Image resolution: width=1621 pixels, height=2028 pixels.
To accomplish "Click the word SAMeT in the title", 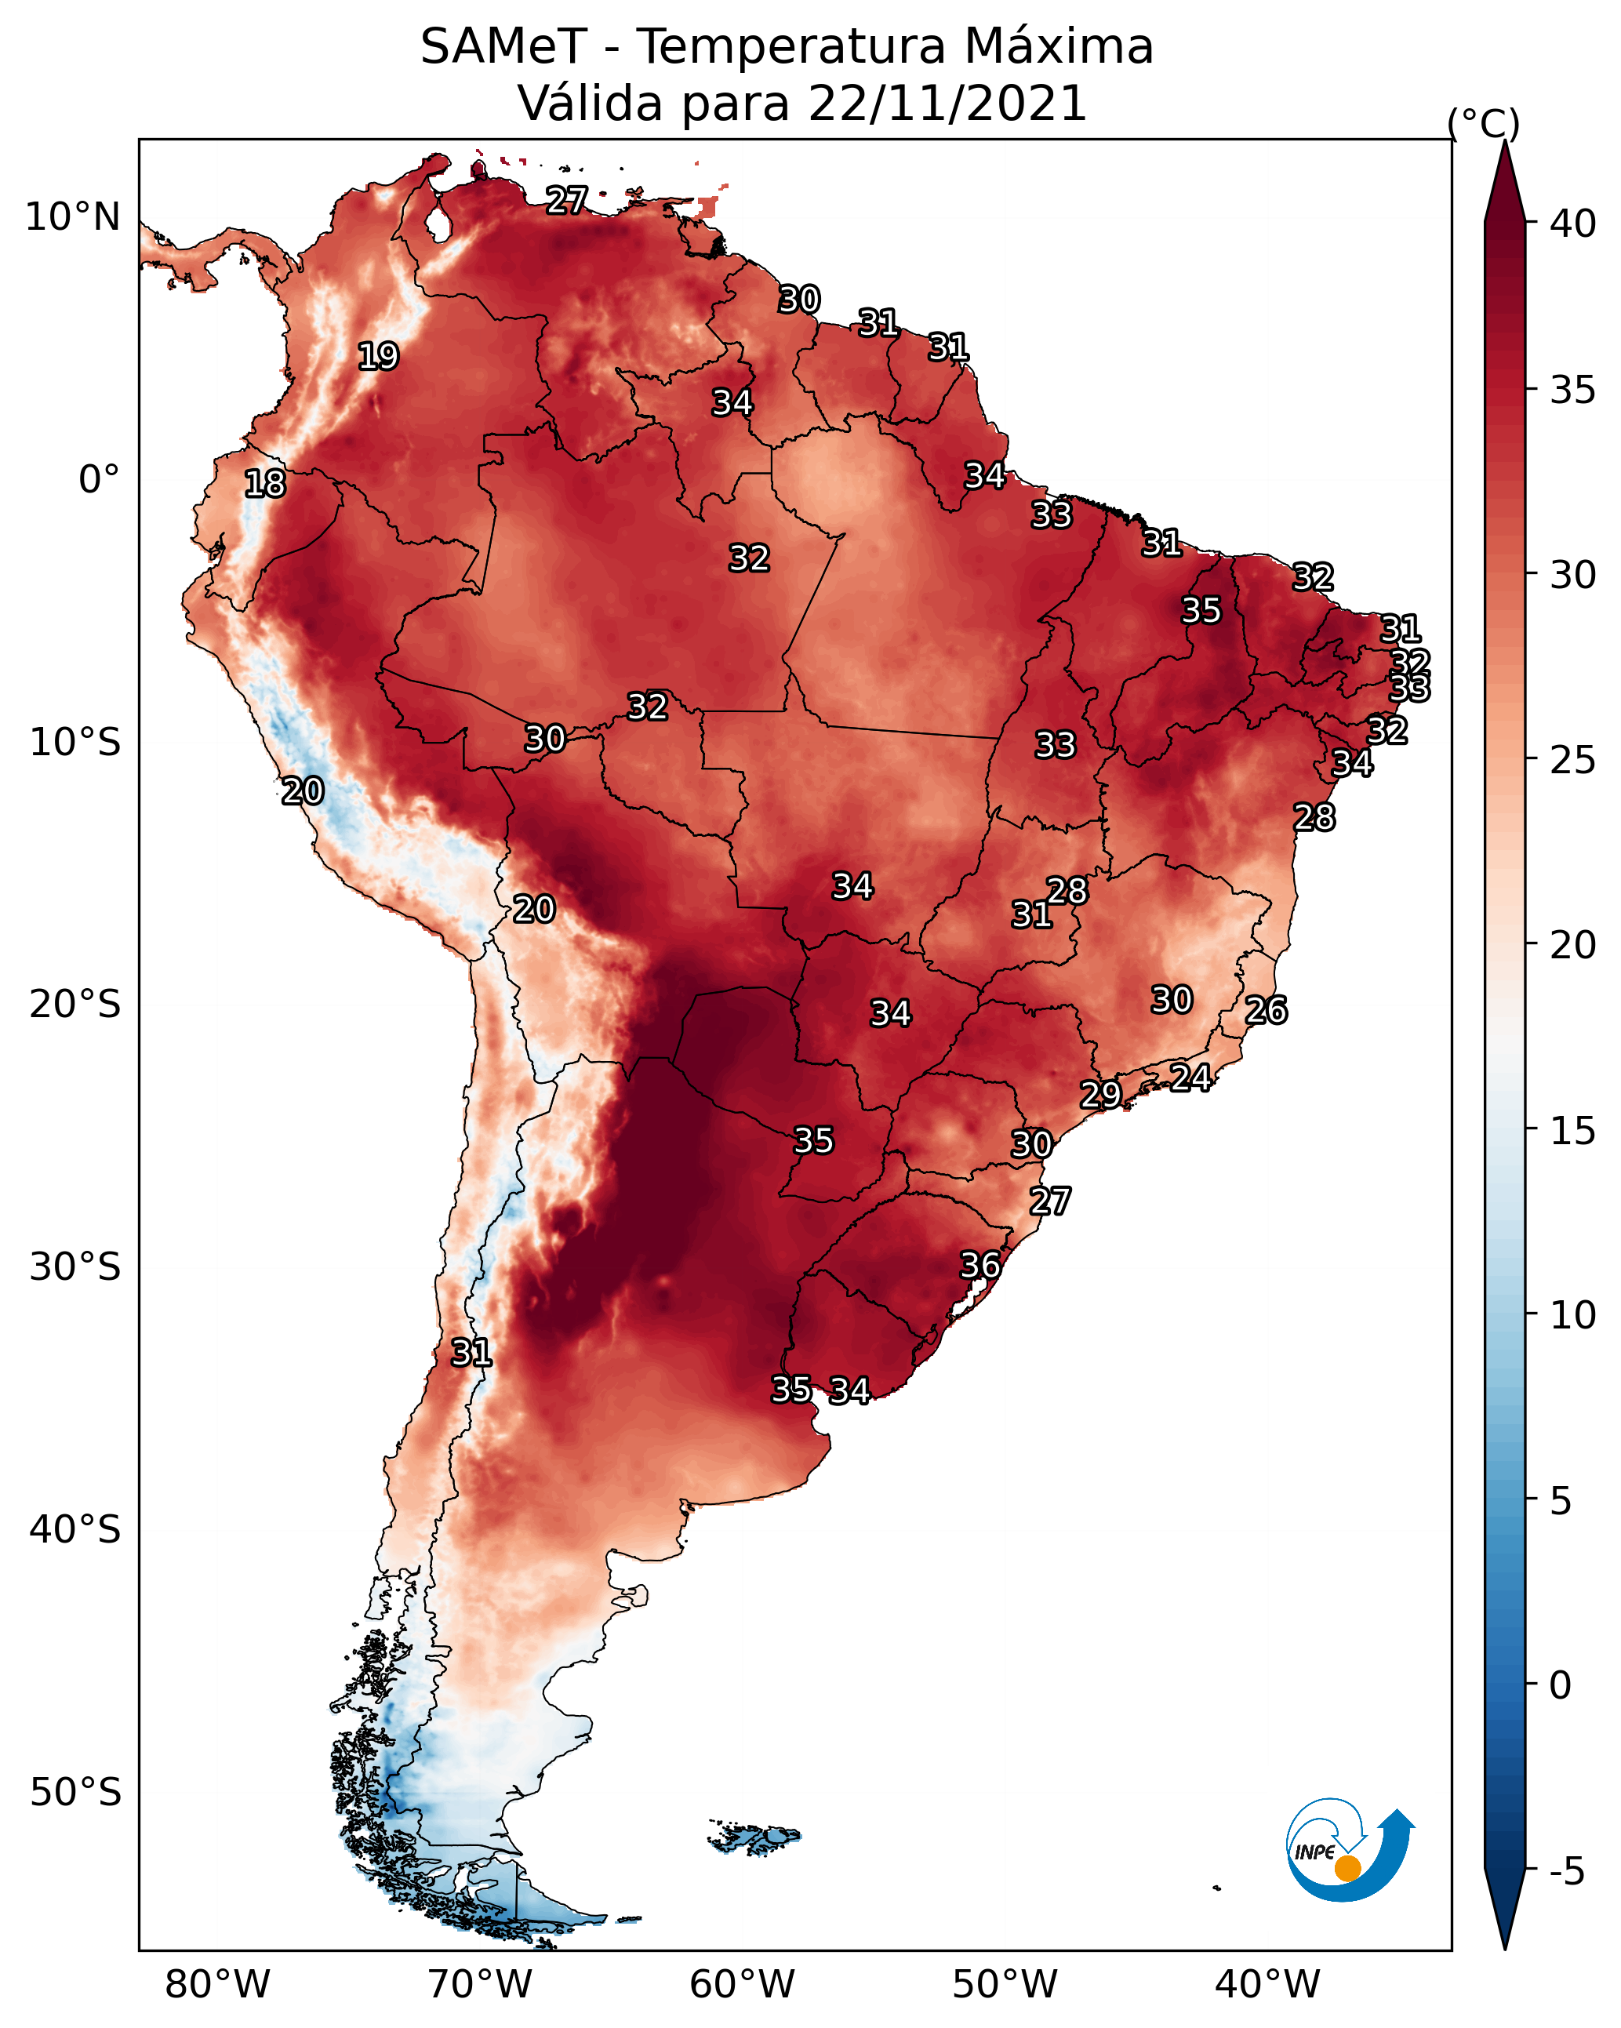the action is point(503,47).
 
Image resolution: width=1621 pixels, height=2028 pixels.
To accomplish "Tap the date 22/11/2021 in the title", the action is point(947,104).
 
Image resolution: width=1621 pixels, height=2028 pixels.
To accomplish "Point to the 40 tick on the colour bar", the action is point(1573,224).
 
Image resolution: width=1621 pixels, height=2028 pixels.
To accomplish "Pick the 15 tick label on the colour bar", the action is point(1573,1131).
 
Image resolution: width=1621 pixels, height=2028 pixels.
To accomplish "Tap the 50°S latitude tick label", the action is point(75,1792).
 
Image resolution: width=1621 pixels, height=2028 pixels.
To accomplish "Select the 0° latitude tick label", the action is point(100,480).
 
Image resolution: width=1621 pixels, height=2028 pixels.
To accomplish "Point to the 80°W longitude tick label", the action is point(217,1985).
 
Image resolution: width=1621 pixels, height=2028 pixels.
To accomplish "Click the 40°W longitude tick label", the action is point(1268,1985).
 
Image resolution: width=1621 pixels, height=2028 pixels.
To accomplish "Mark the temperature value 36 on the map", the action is point(980,1265).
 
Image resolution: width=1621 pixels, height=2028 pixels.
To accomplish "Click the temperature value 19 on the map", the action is point(378,357).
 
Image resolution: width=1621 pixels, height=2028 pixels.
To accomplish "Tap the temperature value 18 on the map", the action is point(264,484).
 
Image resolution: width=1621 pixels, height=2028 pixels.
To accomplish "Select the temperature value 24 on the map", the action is point(1190,1077).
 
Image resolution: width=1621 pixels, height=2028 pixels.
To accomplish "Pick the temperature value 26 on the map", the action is point(1266,1010).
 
